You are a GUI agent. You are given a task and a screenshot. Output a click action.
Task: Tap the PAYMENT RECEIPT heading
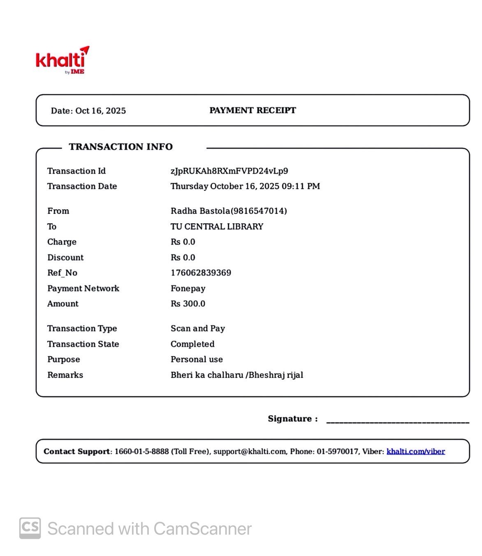[253, 110]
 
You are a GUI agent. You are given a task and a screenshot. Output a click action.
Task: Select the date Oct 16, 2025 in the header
[100, 111]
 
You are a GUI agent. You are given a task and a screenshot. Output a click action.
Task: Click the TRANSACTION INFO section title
[120, 147]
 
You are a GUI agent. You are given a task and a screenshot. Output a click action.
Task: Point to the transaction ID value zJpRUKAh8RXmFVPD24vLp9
[229, 171]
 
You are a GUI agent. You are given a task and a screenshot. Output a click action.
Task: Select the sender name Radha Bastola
[200, 211]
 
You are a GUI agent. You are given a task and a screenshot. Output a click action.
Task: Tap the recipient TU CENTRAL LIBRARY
[217, 227]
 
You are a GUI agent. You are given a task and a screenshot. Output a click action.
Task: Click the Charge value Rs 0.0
[183, 242]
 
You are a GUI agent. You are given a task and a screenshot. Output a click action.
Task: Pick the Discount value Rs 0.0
[183, 257]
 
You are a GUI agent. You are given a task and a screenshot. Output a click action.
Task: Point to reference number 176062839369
[201, 273]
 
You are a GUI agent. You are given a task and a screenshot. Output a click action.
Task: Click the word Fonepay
[188, 288]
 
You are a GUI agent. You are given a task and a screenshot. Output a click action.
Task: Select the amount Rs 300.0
[188, 303]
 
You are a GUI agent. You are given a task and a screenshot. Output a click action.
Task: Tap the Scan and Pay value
[198, 328]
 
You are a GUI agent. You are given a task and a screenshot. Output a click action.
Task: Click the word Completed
[192, 344]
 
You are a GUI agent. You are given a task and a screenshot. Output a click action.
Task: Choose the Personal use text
[197, 359]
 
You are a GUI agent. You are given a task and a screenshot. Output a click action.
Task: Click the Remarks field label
[65, 375]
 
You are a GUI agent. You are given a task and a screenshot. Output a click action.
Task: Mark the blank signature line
[397, 421]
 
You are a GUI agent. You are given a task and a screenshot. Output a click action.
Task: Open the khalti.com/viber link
[415, 452]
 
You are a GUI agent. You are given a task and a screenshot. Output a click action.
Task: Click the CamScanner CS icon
[30, 528]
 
